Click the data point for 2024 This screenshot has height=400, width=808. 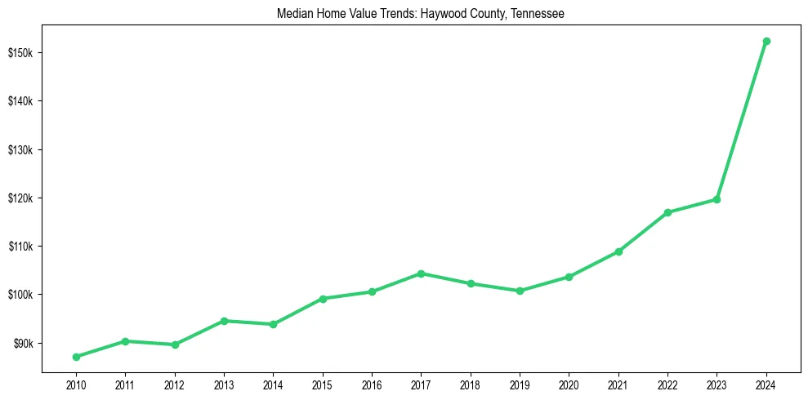(766, 41)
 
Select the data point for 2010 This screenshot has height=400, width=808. (76, 357)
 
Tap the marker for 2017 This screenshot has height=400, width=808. (421, 273)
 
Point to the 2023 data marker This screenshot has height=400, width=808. (716, 199)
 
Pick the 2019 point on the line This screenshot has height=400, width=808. (520, 291)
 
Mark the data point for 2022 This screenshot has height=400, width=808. (667, 212)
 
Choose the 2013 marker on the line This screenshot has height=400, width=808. (224, 321)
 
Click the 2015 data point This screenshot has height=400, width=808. (323, 299)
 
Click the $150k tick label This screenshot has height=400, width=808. (20, 53)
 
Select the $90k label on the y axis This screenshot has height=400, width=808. (22, 343)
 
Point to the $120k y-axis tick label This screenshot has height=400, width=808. (20, 198)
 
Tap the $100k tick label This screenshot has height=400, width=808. (20, 295)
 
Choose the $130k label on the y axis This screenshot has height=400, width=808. (20, 150)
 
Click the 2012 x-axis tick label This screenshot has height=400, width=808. (175, 384)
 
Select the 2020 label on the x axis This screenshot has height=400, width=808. (569, 384)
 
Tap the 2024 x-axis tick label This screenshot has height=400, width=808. (766, 384)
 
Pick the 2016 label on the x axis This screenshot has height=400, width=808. (372, 384)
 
